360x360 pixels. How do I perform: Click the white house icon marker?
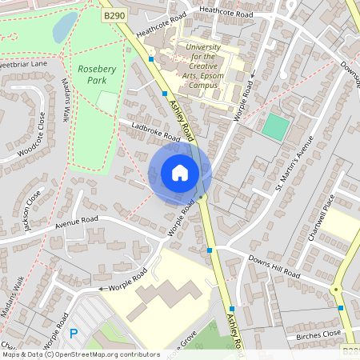tap(180, 173)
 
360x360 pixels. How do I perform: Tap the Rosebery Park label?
tap(98, 74)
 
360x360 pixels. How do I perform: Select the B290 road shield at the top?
tap(114, 14)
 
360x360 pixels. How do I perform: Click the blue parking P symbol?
tap(74, 334)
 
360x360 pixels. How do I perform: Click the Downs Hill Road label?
tap(273, 266)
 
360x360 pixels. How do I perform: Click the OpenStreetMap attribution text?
tap(80, 354)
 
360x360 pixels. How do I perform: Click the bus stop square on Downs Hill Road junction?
tap(210, 250)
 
